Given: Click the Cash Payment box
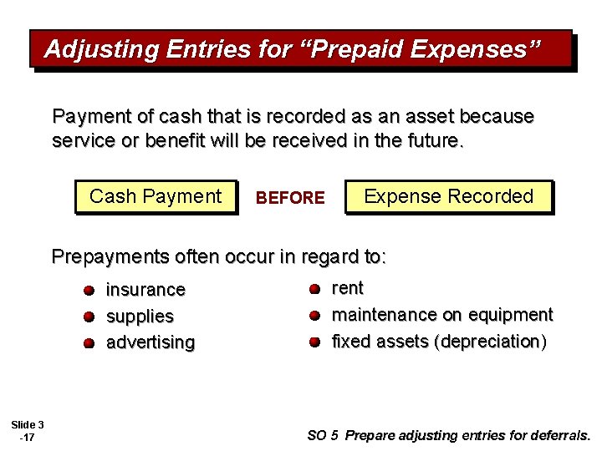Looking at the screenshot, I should [156, 197].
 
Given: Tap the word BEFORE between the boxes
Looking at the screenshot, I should [290, 198].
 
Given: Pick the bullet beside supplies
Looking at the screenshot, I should [89, 317].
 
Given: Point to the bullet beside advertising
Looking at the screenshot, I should [89, 343].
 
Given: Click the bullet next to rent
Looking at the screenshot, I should [314, 289].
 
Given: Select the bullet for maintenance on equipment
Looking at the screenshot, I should [314, 316].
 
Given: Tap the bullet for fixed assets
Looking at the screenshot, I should [314, 342].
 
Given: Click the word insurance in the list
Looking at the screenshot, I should [145, 290].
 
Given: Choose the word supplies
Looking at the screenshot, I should [140, 317].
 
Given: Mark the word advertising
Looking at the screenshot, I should [150, 342].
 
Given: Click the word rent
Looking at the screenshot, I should [348, 288].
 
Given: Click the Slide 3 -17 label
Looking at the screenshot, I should [28, 431].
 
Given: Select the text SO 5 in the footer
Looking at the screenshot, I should [323, 435].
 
